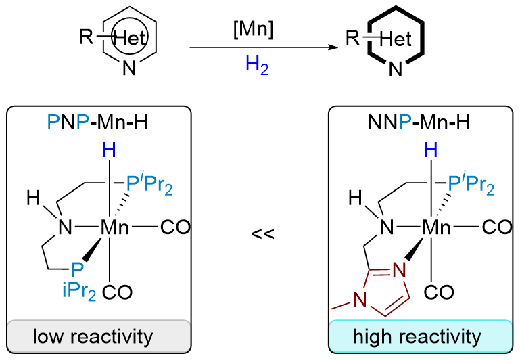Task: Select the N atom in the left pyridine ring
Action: (x=132, y=69)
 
